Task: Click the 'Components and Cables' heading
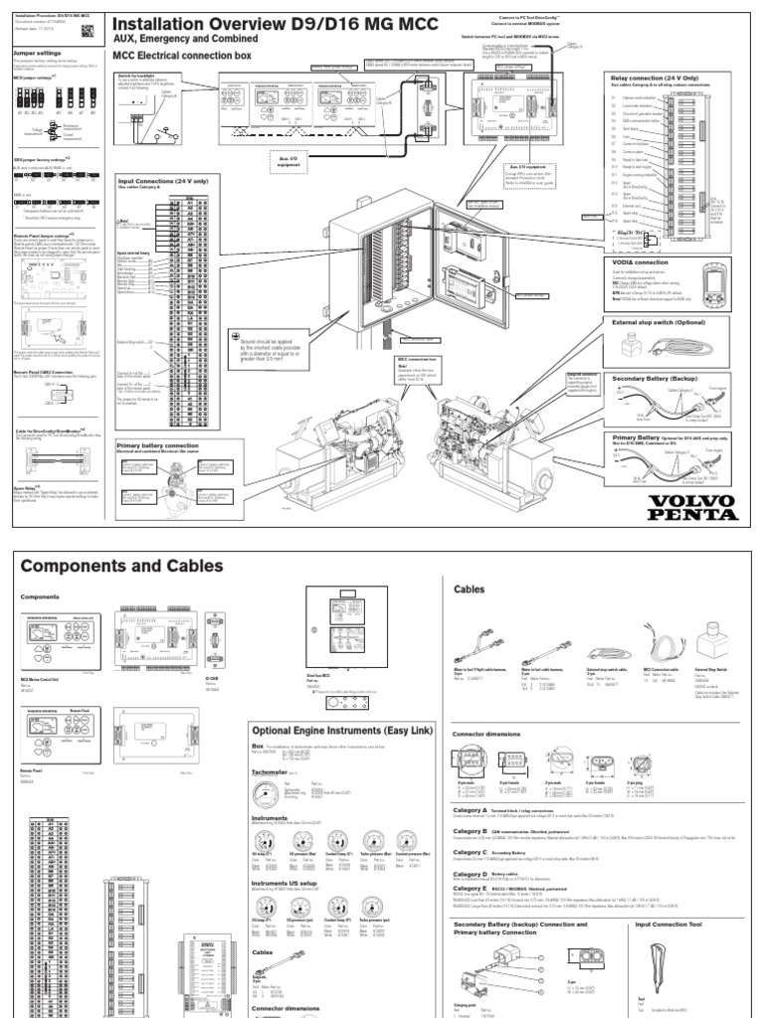click(121, 566)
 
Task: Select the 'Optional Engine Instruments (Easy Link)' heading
click(341, 731)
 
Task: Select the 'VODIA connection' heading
click(640, 260)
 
